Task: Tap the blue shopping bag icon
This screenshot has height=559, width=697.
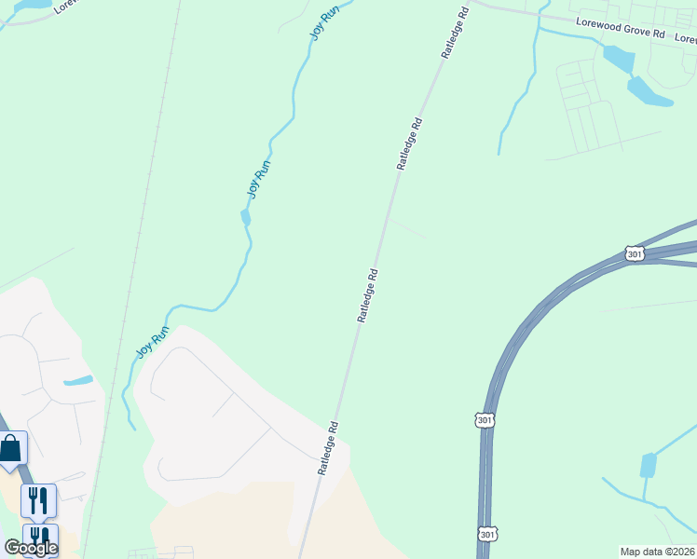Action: click(11, 448)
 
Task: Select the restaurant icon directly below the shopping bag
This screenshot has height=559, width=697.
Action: click(37, 501)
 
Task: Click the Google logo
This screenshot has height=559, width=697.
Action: click(30, 547)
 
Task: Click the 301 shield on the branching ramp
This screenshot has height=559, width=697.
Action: click(635, 253)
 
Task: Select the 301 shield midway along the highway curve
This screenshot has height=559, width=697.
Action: click(484, 420)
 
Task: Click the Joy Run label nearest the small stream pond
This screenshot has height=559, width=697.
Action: click(258, 177)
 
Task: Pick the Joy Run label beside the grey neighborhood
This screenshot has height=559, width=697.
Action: click(154, 342)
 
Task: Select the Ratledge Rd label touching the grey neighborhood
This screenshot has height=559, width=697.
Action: click(326, 448)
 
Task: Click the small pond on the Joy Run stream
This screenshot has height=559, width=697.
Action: click(246, 217)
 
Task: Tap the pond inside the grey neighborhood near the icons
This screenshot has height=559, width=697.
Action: click(78, 380)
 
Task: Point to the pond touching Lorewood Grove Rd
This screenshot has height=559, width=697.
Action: click(619, 59)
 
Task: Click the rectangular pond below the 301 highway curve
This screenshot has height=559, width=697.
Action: click(649, 464)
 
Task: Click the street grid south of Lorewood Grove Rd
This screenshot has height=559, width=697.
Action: click(587, 107)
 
